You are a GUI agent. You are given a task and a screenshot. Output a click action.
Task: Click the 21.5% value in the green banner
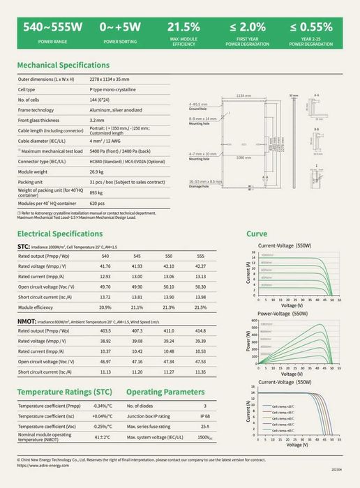pos(184,27)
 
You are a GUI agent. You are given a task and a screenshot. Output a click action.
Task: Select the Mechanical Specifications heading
pos(63,65)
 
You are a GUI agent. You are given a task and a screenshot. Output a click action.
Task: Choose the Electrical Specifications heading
pos(60,234)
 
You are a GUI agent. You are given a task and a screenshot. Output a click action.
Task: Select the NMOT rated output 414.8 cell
pos(200,330)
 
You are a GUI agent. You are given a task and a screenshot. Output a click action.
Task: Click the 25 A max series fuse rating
pos(204,426)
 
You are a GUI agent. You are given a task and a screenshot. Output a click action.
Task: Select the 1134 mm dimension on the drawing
pos(243,96)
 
